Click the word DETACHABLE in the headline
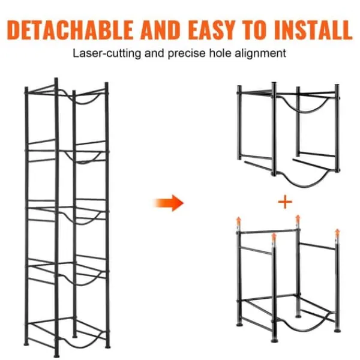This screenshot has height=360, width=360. (70, 30)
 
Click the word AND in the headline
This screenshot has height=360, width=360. (161, 30)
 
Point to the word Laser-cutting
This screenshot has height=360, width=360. (107, 53)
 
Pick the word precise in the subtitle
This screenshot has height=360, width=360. (187, 54)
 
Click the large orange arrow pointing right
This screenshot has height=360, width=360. (169, 203)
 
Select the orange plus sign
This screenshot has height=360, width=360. (285, 202)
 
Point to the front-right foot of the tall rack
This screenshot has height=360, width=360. (107, 346)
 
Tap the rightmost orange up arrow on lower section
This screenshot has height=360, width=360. (337, 233)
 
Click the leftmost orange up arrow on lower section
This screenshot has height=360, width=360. (239, 221)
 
